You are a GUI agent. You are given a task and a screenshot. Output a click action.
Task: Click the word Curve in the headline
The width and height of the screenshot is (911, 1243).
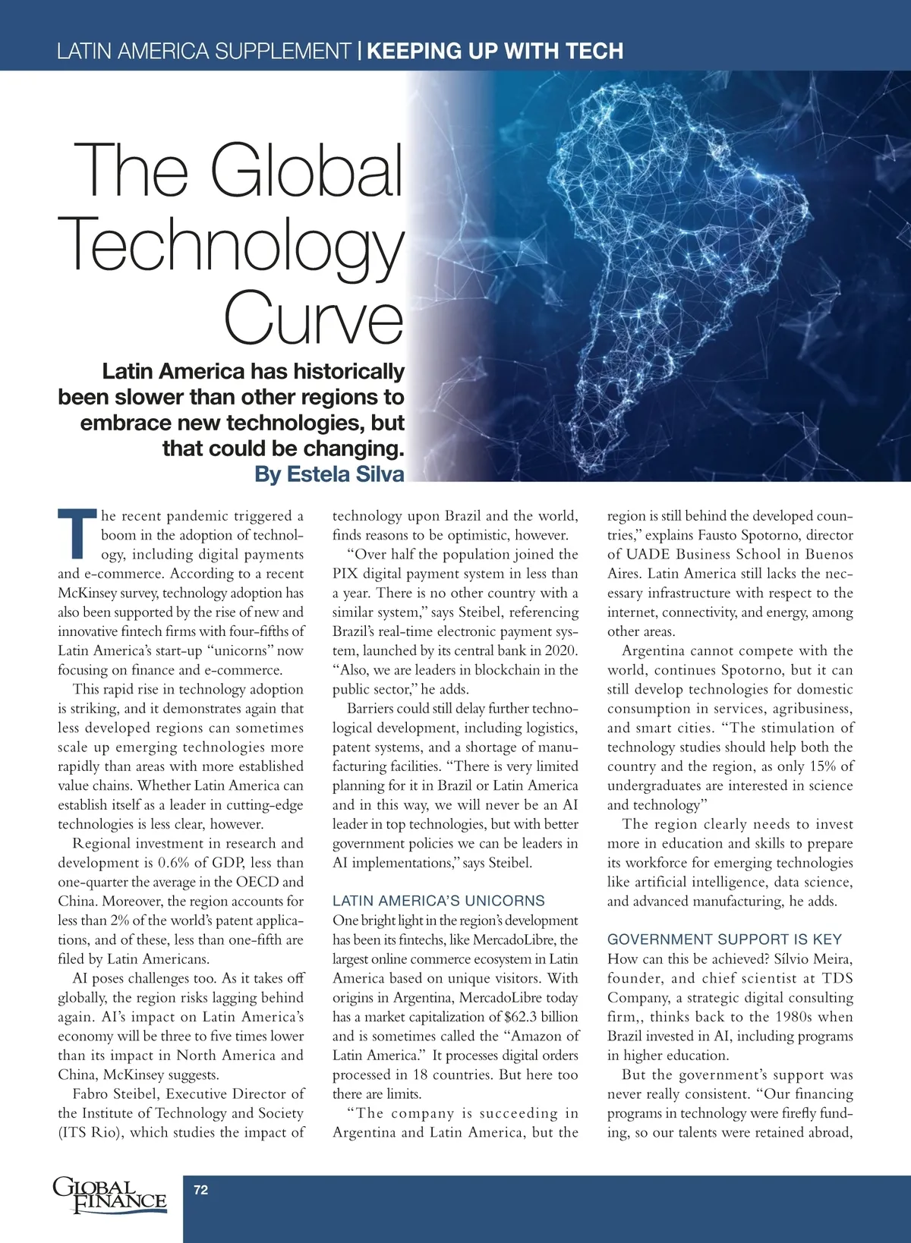click(x=314, y=317)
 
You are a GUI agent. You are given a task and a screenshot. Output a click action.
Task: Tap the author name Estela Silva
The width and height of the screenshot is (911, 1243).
click(x=345, y=474)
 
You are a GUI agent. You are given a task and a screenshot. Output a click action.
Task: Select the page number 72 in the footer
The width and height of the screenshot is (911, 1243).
click(x=201, y=1190)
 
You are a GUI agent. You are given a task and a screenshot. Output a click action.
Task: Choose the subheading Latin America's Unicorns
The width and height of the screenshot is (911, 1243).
click(x=438, y=901)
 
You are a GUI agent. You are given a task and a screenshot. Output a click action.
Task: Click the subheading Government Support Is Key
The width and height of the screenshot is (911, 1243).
click(x=724, y=939)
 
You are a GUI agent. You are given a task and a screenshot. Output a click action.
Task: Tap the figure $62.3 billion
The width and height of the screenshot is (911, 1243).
click(x=541, y=1017)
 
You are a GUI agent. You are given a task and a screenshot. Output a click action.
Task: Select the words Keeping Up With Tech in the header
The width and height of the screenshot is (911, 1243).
click(x=495, y=51)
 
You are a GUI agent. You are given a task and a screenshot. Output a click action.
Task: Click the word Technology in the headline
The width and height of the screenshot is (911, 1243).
click(x=235, y=244)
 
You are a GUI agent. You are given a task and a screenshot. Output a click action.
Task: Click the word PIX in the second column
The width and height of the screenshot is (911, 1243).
click(x=345, y=574)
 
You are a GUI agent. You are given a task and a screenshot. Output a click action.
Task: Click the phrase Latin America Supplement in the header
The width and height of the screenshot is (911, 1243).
click(x=203, y=51)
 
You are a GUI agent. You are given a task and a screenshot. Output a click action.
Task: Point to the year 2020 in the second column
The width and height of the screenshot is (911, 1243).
click(x=562, y=650)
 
